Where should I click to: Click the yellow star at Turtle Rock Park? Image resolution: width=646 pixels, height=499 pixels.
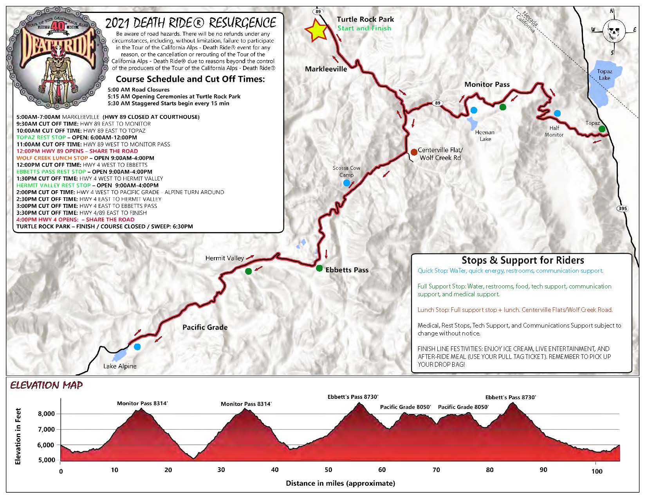tap(316, 31)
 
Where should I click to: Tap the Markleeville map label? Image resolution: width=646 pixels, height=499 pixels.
tap(326, 69)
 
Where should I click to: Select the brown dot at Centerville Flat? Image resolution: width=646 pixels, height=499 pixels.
tap(414, 152)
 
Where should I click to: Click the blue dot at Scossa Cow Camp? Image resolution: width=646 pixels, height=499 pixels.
tap(346, 183)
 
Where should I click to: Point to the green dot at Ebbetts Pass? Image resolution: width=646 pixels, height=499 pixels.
tap(319, 268)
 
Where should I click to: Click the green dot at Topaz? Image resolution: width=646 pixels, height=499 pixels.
tap(602, 129)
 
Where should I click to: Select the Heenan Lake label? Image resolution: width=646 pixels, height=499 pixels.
tap(485, 135)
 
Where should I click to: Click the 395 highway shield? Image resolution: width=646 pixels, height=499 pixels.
tap(623, 208)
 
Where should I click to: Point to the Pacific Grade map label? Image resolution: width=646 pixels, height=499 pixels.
tap(205, 327)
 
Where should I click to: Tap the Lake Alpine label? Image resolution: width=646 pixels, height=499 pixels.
tap(120, 366)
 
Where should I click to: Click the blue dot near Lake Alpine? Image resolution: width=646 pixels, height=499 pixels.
tap(137, 347)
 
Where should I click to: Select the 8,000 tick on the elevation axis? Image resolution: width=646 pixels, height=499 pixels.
tap(46, 414)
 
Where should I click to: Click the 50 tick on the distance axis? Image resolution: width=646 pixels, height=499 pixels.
tap(328, 470)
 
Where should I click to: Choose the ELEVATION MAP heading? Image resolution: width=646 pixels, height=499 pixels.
tap(47, 386)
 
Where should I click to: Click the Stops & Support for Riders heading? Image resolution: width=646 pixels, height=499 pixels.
tap(522, 260)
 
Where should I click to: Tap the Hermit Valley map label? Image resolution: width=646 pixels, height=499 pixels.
tap(224, 258)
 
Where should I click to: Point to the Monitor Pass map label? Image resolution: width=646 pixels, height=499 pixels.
tap(487, 84)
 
